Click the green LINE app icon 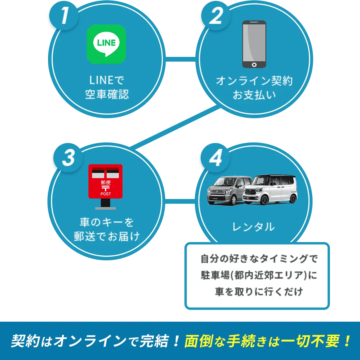pos(106,44)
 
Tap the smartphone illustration pos(254,44)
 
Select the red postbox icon pos(105,186)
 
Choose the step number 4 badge pos(215,157)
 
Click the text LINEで pos(107,80)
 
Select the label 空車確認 pos(107,94)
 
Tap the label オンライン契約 pos(254,81)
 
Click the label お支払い pos(254,95)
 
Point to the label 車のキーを pos(107,222)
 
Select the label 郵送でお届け pos(107,236)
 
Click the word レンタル pos(253,227)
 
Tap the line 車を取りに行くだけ pos(259,292)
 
